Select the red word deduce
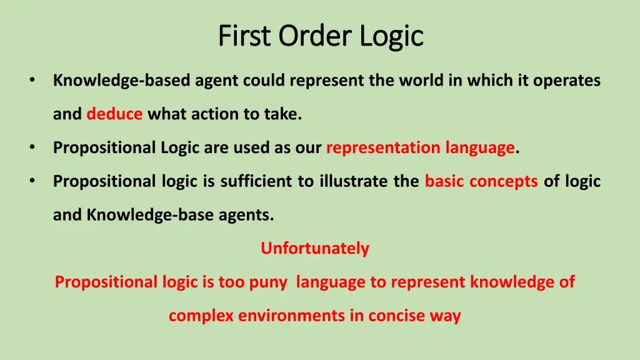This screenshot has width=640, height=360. coord(114,114)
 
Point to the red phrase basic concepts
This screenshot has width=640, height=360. coord(481,181)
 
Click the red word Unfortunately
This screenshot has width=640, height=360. coord(315,249)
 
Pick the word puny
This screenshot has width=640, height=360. coord(269,282)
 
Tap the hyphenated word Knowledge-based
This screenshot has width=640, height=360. coord(122,81)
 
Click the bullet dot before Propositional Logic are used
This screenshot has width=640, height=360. coord(31,147)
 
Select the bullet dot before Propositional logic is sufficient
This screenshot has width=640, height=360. coord(31,181)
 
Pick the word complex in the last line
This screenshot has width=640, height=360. coord(191,316)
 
